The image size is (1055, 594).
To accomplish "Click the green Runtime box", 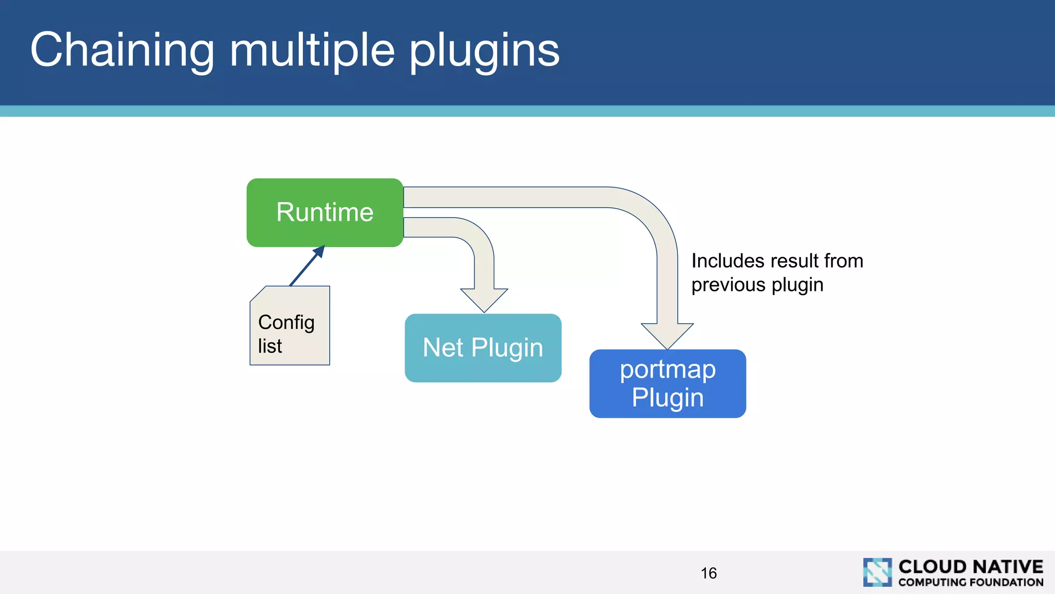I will (x=325, y=212).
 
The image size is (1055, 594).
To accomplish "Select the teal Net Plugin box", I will (x=483, y=348).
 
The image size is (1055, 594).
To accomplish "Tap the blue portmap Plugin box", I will (x=668, y=384).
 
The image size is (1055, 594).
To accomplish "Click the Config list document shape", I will (x=290, y=326).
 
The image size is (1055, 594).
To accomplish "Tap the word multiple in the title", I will (x=312, y=50).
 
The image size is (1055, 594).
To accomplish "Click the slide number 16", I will (x=708, y=573).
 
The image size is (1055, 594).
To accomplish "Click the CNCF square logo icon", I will (x=877, y=572).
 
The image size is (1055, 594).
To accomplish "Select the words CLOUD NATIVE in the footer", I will (x=971, y=567).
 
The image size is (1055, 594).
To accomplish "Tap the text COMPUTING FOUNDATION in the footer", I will (x=971, y=583).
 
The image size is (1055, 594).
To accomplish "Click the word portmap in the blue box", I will (x=668, y=370).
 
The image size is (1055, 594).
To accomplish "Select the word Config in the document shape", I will (x=286, y=323).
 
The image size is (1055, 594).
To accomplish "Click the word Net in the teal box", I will (x=443, y=348).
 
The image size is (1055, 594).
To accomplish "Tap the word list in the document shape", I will (x=270, y=346).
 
